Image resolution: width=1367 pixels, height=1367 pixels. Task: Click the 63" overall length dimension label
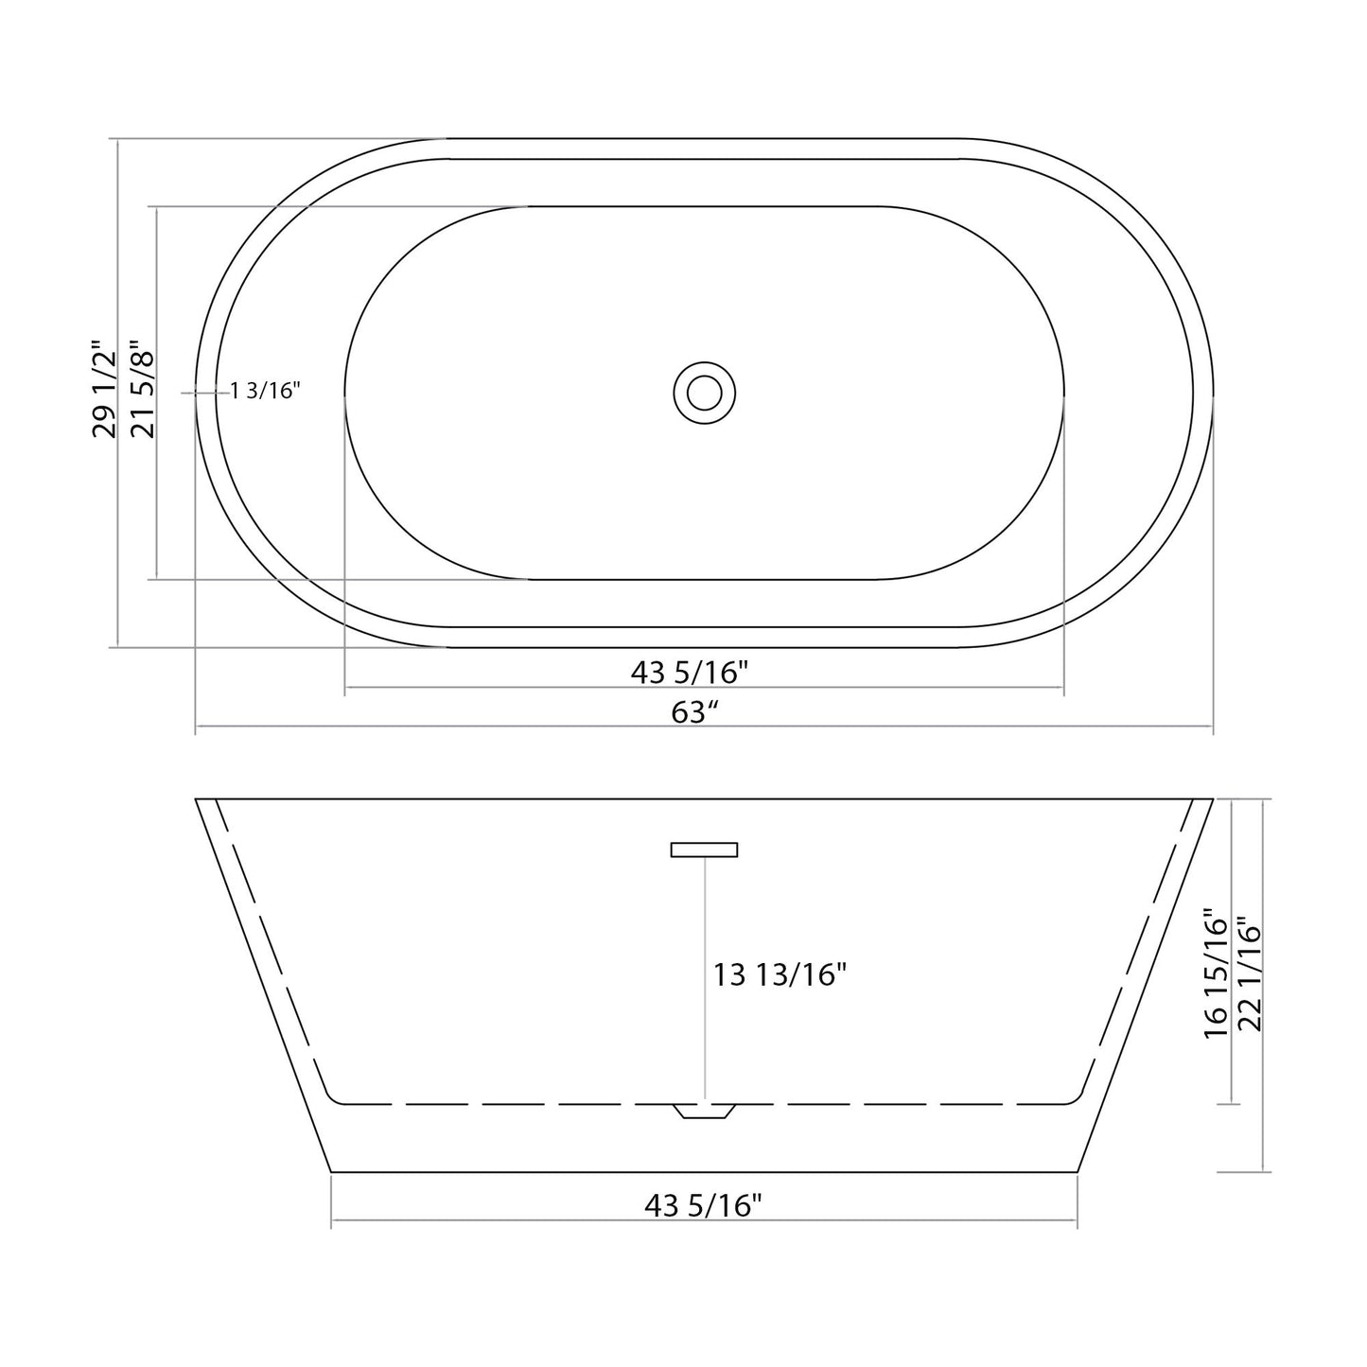pyautogui.click(x=690, y=712)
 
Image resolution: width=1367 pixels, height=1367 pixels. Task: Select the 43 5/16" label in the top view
pyautogui.click(x=690, y=672)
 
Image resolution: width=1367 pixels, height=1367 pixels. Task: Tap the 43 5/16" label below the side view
pyautogui.click(x=703, y=1205)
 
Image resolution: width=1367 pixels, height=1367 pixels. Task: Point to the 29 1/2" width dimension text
pyautogui.click(x=104, y=389)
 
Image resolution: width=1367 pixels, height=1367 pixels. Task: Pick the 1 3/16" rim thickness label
pyautogui.click(x=266, y=390)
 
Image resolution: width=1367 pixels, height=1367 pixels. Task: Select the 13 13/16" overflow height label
pyautogui.click(x=780, y=973)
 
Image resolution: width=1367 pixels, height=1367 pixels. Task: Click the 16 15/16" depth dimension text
pyautogui.click(x=1216, y=974)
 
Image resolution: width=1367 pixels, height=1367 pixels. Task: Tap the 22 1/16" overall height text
pyautogui.click(x=1251, y=974)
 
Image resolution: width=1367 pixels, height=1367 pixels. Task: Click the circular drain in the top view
pyautogui.click(x=705, y=392)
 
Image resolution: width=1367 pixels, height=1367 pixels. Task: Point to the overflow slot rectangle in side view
pyautogui.click(x=704, y=850)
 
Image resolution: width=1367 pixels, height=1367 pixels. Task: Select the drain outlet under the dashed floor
pyautogui.click(x=704, y=1112)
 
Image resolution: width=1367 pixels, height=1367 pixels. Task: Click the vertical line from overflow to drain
pyautogui.click(x=705, y=974)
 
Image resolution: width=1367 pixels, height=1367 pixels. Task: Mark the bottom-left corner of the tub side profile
pyautogui.click(x=332, y=1172)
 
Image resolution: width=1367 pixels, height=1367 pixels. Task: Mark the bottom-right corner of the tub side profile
pyautogui.click(x=1078, y=1172)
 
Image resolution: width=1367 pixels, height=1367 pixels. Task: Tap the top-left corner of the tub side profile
pyautogui.click(x=197, y=799)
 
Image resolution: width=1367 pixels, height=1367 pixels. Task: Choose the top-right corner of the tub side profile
pyautogui.click(x=1212, y=799)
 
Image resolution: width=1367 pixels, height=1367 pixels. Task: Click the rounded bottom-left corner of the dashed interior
pyautogui.click(x=331, y=1098)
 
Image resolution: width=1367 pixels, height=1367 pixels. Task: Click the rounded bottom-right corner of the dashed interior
pyautogui.click(x=1077, y=1098)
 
